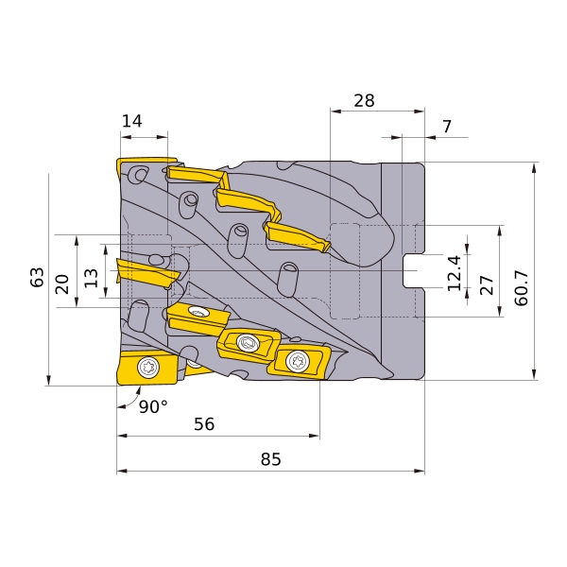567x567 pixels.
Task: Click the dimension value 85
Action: [270, 459]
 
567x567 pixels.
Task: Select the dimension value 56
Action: [204, 423]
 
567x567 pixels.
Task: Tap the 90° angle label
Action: [153, 406]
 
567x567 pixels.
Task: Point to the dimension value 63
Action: [37, 277]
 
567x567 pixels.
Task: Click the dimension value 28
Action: [364, 100]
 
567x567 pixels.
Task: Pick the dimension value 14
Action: [131, 121]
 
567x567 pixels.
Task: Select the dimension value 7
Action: [447, 127]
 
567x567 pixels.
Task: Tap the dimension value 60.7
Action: [522, 288]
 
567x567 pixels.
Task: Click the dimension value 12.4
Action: [455, 273]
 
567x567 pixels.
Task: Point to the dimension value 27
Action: [487, 285]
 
